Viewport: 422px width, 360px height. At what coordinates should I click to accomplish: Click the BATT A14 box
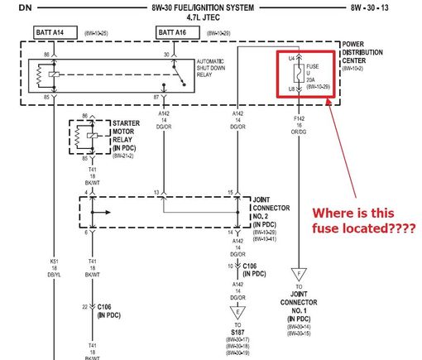55,31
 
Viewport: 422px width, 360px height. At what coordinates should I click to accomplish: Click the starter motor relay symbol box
88,137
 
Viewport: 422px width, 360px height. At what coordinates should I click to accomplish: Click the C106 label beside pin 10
257,270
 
